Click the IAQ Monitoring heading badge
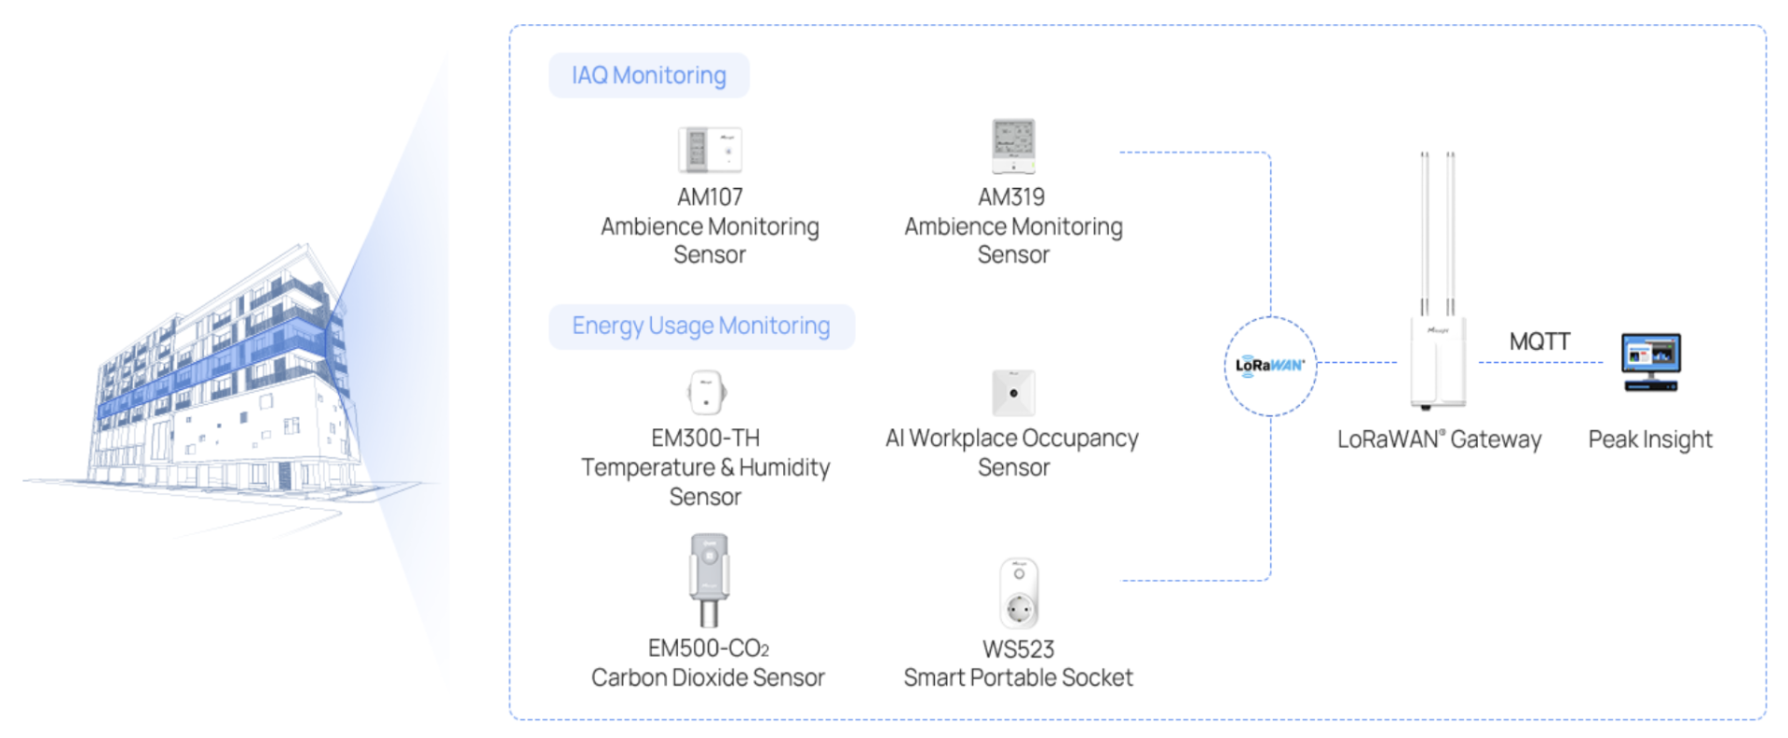pos(648,75)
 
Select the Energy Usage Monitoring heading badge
pos(700,326)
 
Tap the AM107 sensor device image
pos(710,150)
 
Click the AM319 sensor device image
pos(1013,146)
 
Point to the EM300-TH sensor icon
pos(707,392)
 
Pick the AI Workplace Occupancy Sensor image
pos(1013,393)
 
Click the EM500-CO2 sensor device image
pos(709,578)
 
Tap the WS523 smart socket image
pos(1019,593)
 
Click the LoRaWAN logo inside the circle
pos(1269,365)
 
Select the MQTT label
pos(1539,342)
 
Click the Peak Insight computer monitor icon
pos(1650,361)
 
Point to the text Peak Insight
pos(1649,439)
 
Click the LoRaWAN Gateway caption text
pos(1439,439)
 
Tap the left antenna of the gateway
pos(1424,233)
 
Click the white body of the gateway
pos(1437,363)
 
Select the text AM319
pos(1011,197)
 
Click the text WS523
pos(1018,649)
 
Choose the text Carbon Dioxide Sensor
pos(708,678)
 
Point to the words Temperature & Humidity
pos(705,467)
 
